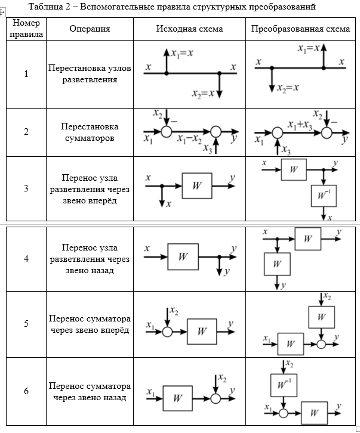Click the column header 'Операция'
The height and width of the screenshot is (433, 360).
click(90, 29)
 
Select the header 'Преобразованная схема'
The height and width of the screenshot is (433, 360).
click(300, 29)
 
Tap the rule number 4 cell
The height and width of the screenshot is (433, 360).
click(26, 259)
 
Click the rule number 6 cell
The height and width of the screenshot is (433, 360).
click(26, 391)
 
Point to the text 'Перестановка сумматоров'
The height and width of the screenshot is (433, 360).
click(90, 132)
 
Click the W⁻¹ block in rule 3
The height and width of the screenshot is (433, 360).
click(324, 196)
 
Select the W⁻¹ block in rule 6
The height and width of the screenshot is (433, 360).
click(284, 385)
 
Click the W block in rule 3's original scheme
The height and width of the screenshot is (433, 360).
click(197, 185)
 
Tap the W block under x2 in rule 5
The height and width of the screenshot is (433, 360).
click(321, 317)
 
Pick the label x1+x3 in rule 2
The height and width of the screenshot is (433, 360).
click(300, 125)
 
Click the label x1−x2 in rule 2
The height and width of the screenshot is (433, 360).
click(189, 139)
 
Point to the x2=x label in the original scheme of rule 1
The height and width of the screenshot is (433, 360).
click(203, 94)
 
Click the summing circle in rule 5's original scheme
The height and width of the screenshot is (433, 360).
click(167, 332)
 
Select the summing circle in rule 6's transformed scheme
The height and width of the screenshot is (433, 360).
click(284, 413)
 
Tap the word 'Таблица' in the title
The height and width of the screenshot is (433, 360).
click(46, 7)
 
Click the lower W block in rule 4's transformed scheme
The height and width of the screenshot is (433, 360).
click(277, 264)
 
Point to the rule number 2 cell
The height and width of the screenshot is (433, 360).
click(26, 132)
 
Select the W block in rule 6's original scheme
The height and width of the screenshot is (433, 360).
click(177, 398)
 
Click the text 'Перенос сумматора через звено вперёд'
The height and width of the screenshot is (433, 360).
click(90, 324)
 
